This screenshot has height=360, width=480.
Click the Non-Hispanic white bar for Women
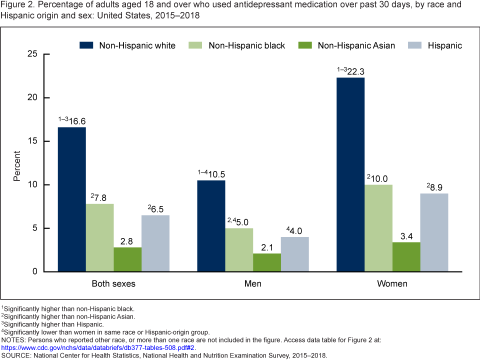click(x=350, y=174)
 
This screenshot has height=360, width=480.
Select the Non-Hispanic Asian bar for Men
click(x=267, y=262)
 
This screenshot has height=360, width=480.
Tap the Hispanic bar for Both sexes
click(x=155, y=243)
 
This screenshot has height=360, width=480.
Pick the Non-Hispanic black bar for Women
click(x=378, y=228)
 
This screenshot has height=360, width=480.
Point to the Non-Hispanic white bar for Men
click(x=211, y=226)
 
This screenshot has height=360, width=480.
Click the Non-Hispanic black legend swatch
click(x=196, y=45)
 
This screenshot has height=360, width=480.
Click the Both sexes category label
click(x=113, y=284)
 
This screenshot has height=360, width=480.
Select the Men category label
click(x=253, y=284)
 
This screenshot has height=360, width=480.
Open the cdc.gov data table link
click(x=98, y=347)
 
